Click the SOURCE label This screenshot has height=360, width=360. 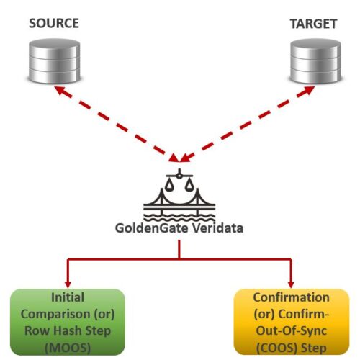pos(53,24)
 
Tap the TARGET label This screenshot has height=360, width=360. pos(313,24)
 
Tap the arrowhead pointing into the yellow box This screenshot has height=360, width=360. pos(292,282)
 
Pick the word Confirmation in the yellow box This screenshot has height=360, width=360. pos(291,297)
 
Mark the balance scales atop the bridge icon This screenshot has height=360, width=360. pos(179,181)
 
